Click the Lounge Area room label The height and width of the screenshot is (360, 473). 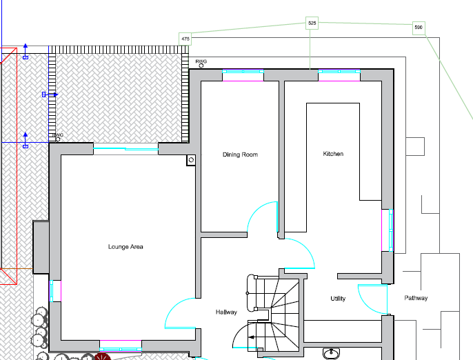(x=125, y=247)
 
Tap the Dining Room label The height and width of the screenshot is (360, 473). (x=240, y=154)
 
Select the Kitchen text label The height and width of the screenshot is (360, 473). (x=333, y=154)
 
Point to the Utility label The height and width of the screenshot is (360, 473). (x=338, y=299)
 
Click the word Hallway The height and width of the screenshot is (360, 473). (x=226, y=312)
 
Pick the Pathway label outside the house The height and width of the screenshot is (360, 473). (x=416, y=298)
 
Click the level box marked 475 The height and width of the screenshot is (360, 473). (x=185, y=39)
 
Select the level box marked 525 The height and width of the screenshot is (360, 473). (x=312, y=23)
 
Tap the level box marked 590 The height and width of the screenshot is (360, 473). (x=419, y=28)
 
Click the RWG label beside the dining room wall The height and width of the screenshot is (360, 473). (x=201, y=61)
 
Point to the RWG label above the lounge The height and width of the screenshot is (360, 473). (x=58, y=135)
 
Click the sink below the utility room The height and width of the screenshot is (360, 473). (x=331, y=352)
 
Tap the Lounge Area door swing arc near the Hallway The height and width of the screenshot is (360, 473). (x=173, y=307)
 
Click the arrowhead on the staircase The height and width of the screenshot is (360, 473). (x=251, y=337)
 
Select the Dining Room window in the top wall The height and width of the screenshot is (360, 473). (x=243, y=72)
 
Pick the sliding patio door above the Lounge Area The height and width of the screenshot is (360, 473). (x=125, y=148)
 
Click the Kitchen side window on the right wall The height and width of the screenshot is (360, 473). (x=391, y=230)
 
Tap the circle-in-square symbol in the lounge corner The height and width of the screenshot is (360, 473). (x=190, y=160)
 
